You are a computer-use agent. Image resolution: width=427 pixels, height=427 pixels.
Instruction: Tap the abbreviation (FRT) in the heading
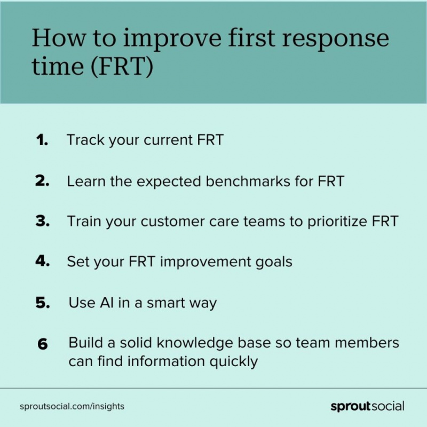122,66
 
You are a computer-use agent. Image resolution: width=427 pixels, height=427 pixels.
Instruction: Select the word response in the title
335,39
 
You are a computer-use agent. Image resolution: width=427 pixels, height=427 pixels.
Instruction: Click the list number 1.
42,140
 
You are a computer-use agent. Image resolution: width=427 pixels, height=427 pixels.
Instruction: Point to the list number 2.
42,180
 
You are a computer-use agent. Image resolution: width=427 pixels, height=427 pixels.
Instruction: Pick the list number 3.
43,220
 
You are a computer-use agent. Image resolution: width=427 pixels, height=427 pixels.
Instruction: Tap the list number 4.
43,260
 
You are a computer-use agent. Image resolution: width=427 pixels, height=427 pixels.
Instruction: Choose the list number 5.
43,302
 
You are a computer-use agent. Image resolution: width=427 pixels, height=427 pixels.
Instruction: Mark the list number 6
43,344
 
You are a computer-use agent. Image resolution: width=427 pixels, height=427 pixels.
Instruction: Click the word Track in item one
85,140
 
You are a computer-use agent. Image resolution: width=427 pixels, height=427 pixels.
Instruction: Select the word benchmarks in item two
248,181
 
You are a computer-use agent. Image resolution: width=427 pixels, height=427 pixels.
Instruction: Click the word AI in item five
107,303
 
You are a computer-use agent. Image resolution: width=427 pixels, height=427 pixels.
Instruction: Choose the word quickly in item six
234,362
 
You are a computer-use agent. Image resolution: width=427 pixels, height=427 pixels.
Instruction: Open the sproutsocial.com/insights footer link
72,406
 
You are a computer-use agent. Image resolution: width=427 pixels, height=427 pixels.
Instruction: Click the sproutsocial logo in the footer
367,406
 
